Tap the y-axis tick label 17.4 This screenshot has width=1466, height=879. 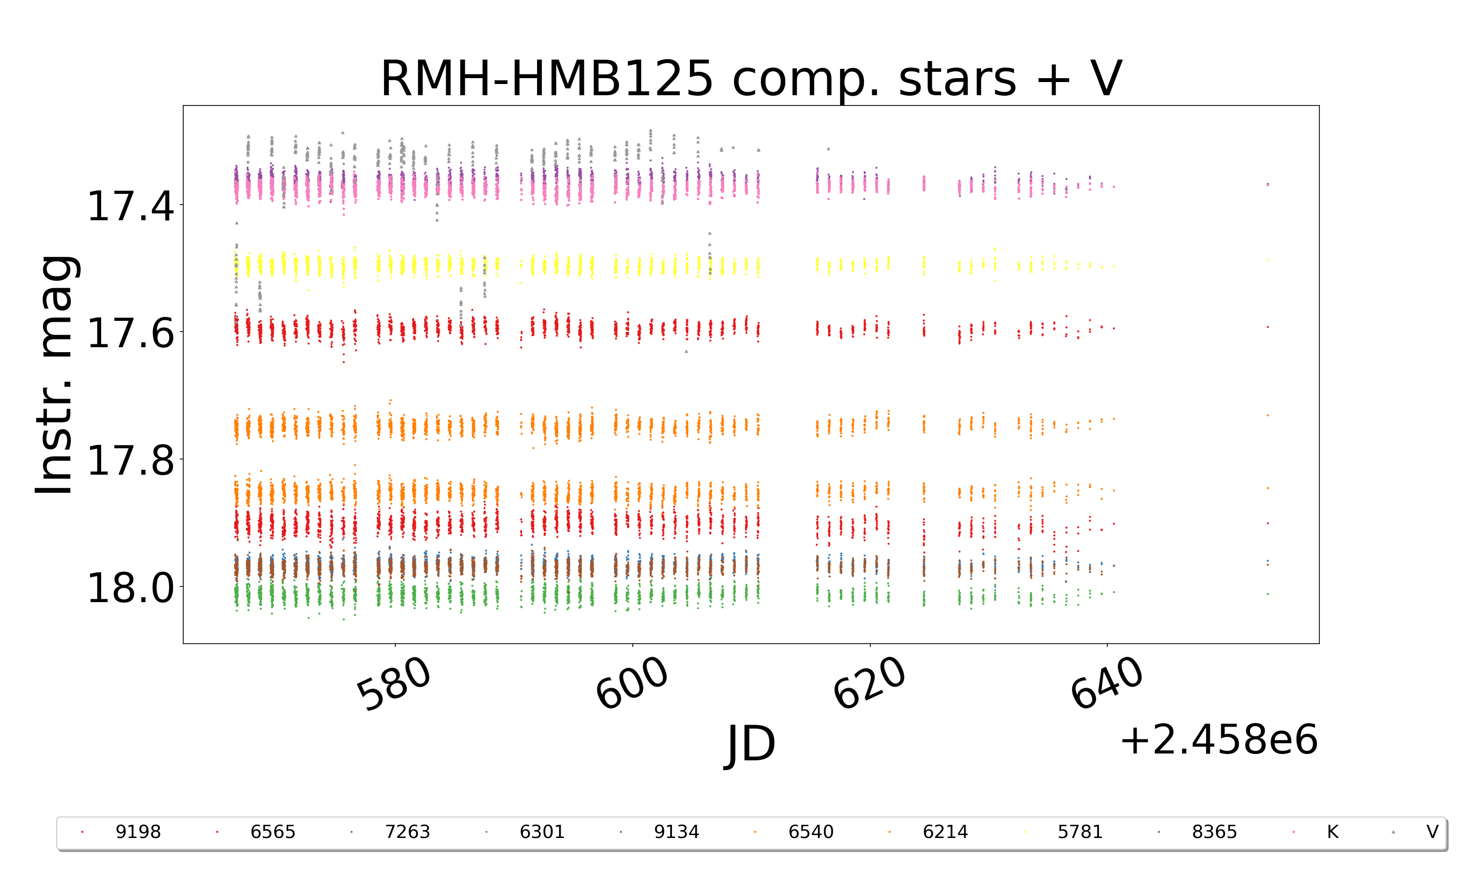pos(130,206)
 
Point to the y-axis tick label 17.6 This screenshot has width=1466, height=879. pos(130,333)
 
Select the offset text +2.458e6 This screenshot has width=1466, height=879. pos(1218,740)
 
